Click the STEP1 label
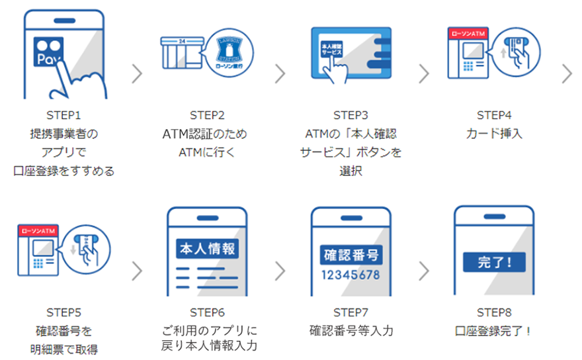[x=63, y=114]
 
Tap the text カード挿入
[x=493, y=133]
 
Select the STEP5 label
[x=63, y=311]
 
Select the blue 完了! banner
[x=493, y=261]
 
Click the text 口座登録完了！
[x=493, y=330]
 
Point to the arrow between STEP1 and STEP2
[x=137, y=73]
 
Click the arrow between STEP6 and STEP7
[x=280, y=270]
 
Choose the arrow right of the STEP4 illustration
[x=567, y=73]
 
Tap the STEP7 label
[x=351, y=311]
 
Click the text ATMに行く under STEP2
[x=207, y=152]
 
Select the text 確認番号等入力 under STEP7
[x=351, y=330]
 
